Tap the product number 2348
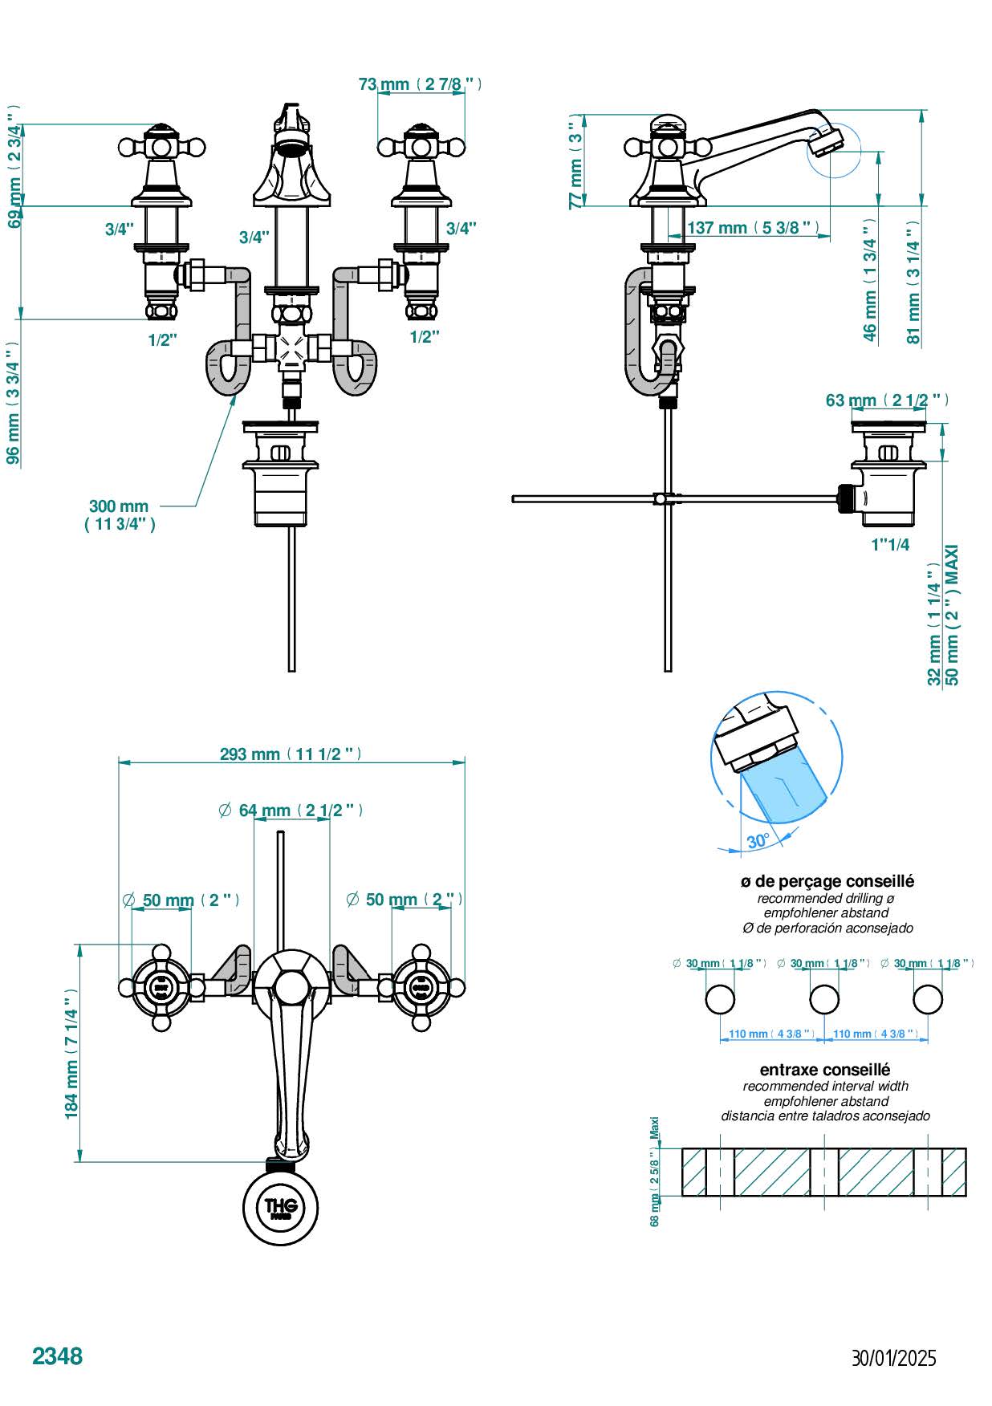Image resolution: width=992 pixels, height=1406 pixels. point(57,1355)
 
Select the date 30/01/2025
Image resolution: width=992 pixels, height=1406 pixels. point(893,1358)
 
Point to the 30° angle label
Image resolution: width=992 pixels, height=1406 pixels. point(758,841)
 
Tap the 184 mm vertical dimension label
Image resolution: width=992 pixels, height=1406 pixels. point(71,1053)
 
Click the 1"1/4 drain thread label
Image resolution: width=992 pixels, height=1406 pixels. point(890,545)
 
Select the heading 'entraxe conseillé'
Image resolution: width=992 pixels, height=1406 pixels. point(824,1069)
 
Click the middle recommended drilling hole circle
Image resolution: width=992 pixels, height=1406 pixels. point(824,999)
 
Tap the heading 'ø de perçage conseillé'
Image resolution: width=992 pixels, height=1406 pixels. point(827,881)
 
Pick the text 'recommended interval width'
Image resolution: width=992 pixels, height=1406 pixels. point(826,1086)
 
